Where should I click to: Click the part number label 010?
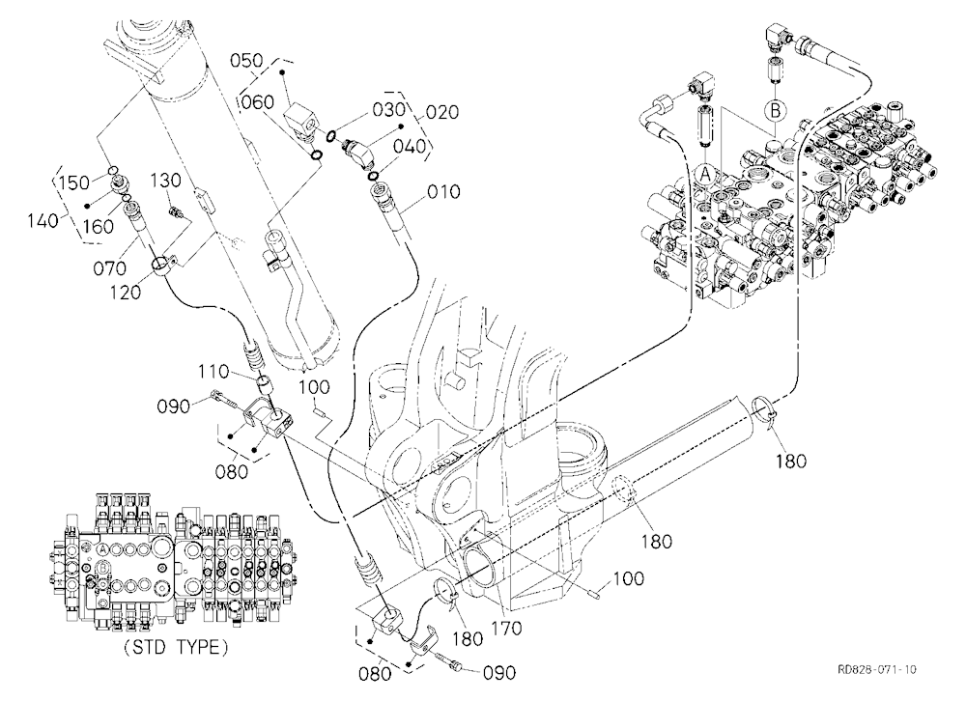click(443, 191)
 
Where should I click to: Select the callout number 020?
click(442, 112)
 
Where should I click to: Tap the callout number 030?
click(389, 109)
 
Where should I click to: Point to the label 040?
click(409, 146)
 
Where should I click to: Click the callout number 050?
click(247, 61)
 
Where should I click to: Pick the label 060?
click(258, 100)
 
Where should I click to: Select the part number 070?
click(110, 268)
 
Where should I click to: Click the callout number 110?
click(213, 372)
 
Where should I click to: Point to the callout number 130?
click(166, 180)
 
